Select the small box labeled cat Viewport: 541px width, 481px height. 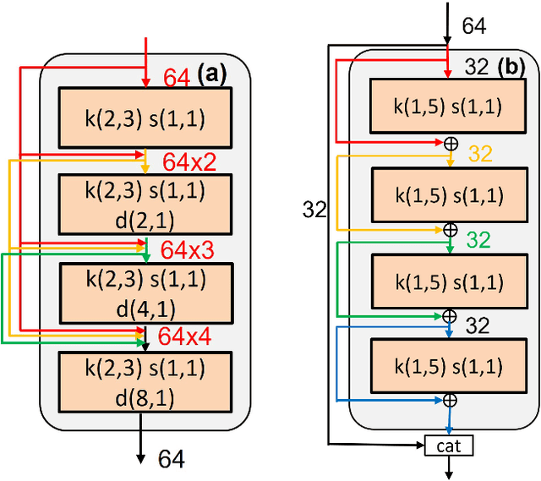448,445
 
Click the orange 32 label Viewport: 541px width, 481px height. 479,153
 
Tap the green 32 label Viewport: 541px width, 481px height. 478,240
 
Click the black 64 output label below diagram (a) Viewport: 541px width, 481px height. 172,459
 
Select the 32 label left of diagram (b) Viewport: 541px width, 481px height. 314,210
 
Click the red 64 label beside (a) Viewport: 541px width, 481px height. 177,79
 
